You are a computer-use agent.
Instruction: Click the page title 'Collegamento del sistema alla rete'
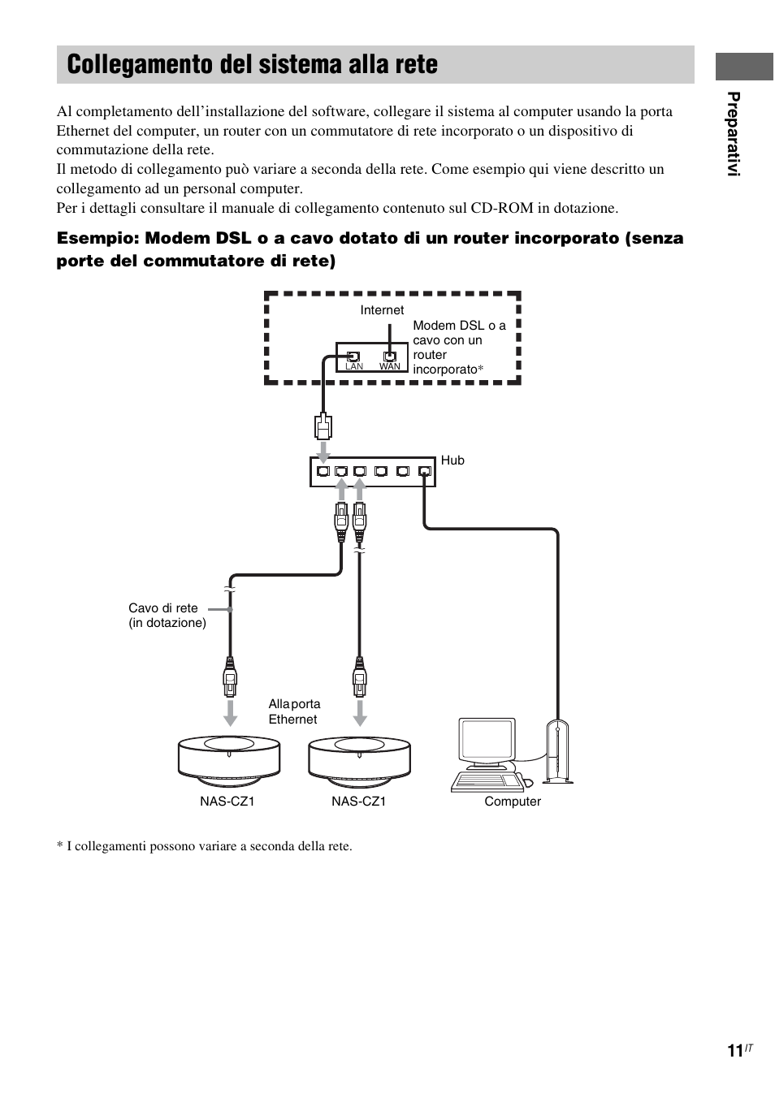pos(253,65)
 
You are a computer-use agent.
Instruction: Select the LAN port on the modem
pos(353,357)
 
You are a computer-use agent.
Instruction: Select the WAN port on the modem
pos(390,357)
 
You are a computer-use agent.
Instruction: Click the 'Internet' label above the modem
pos(382,310)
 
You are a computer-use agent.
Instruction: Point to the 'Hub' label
pos(452,460)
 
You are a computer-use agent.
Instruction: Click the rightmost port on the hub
pos(423,471)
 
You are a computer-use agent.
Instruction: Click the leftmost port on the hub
pos(323,471)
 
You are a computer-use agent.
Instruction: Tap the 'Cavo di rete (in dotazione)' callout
pos(167,616)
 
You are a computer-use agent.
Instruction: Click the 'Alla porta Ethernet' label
pos(294,711)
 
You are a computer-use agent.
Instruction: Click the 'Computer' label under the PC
pos(513,802)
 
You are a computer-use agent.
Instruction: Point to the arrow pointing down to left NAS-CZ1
pos(231,711)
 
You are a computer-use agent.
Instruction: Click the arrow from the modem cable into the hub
pos(323,450)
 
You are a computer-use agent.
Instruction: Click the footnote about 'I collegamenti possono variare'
pos(205,846)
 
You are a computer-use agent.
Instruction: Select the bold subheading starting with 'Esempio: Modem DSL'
pos(370,249)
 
